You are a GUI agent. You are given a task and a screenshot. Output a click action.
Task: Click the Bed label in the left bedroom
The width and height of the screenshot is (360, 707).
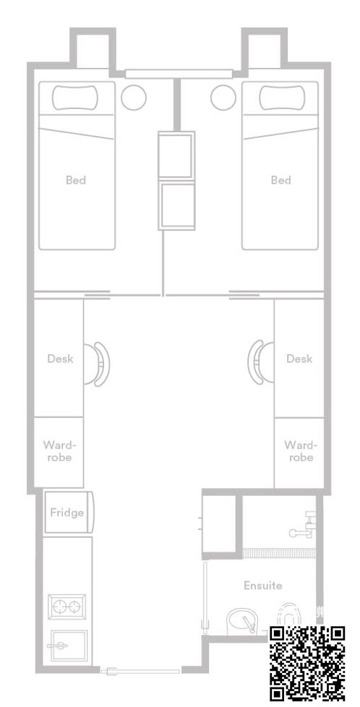tap(76, 180)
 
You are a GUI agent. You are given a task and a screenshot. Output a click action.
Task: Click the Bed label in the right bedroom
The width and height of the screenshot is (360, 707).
tap(280, 180)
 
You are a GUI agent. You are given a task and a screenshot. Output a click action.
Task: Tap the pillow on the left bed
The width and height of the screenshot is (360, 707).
tap(75, 98)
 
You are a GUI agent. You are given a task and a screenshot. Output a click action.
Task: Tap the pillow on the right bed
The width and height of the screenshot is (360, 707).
tap(282, 98)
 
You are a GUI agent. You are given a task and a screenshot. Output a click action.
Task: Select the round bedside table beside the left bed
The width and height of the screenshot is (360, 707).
tap(134, 98)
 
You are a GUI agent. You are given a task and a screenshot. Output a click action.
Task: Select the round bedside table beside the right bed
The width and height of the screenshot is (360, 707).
tap(223, 98)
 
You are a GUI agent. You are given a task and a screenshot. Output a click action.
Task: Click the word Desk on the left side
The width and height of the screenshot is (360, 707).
tap(61, 359)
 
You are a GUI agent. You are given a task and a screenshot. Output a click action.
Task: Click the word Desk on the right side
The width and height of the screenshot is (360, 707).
tap(299, 359)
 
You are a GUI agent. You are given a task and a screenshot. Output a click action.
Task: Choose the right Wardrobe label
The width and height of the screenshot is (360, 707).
tap(301, 451)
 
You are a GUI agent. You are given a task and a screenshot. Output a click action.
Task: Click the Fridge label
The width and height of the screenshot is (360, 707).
tap(67, 513)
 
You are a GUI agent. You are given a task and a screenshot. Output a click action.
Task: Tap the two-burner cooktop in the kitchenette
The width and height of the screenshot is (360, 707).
tap(67, 607)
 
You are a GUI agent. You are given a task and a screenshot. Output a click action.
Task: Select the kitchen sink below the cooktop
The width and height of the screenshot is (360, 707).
tap(68, 646)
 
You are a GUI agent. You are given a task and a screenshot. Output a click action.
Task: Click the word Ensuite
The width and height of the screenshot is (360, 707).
tap(263, 586)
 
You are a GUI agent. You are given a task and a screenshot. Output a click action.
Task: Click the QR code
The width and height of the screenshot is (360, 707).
tap(308, 663)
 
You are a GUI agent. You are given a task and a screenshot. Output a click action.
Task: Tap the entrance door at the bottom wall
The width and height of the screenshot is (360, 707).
tap(141, 672)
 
